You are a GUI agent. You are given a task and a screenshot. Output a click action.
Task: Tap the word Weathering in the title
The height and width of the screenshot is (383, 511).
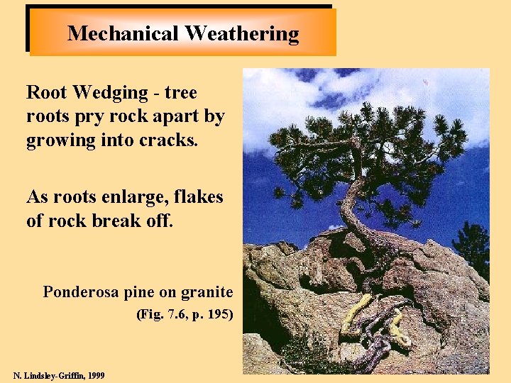[x=241, y=33]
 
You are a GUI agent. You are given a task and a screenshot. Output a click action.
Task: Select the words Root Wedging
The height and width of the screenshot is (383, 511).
[x=87, y=93]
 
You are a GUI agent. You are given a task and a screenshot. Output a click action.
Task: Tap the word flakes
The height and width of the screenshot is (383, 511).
[x=202, y=196]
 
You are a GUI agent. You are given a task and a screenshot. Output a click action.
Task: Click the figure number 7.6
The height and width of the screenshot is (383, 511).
[x=177, y=313]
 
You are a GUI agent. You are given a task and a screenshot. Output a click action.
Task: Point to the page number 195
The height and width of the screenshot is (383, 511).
[x=219, y=313]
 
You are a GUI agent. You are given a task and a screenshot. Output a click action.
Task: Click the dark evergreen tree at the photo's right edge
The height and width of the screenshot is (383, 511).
[x=476, y=248]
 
